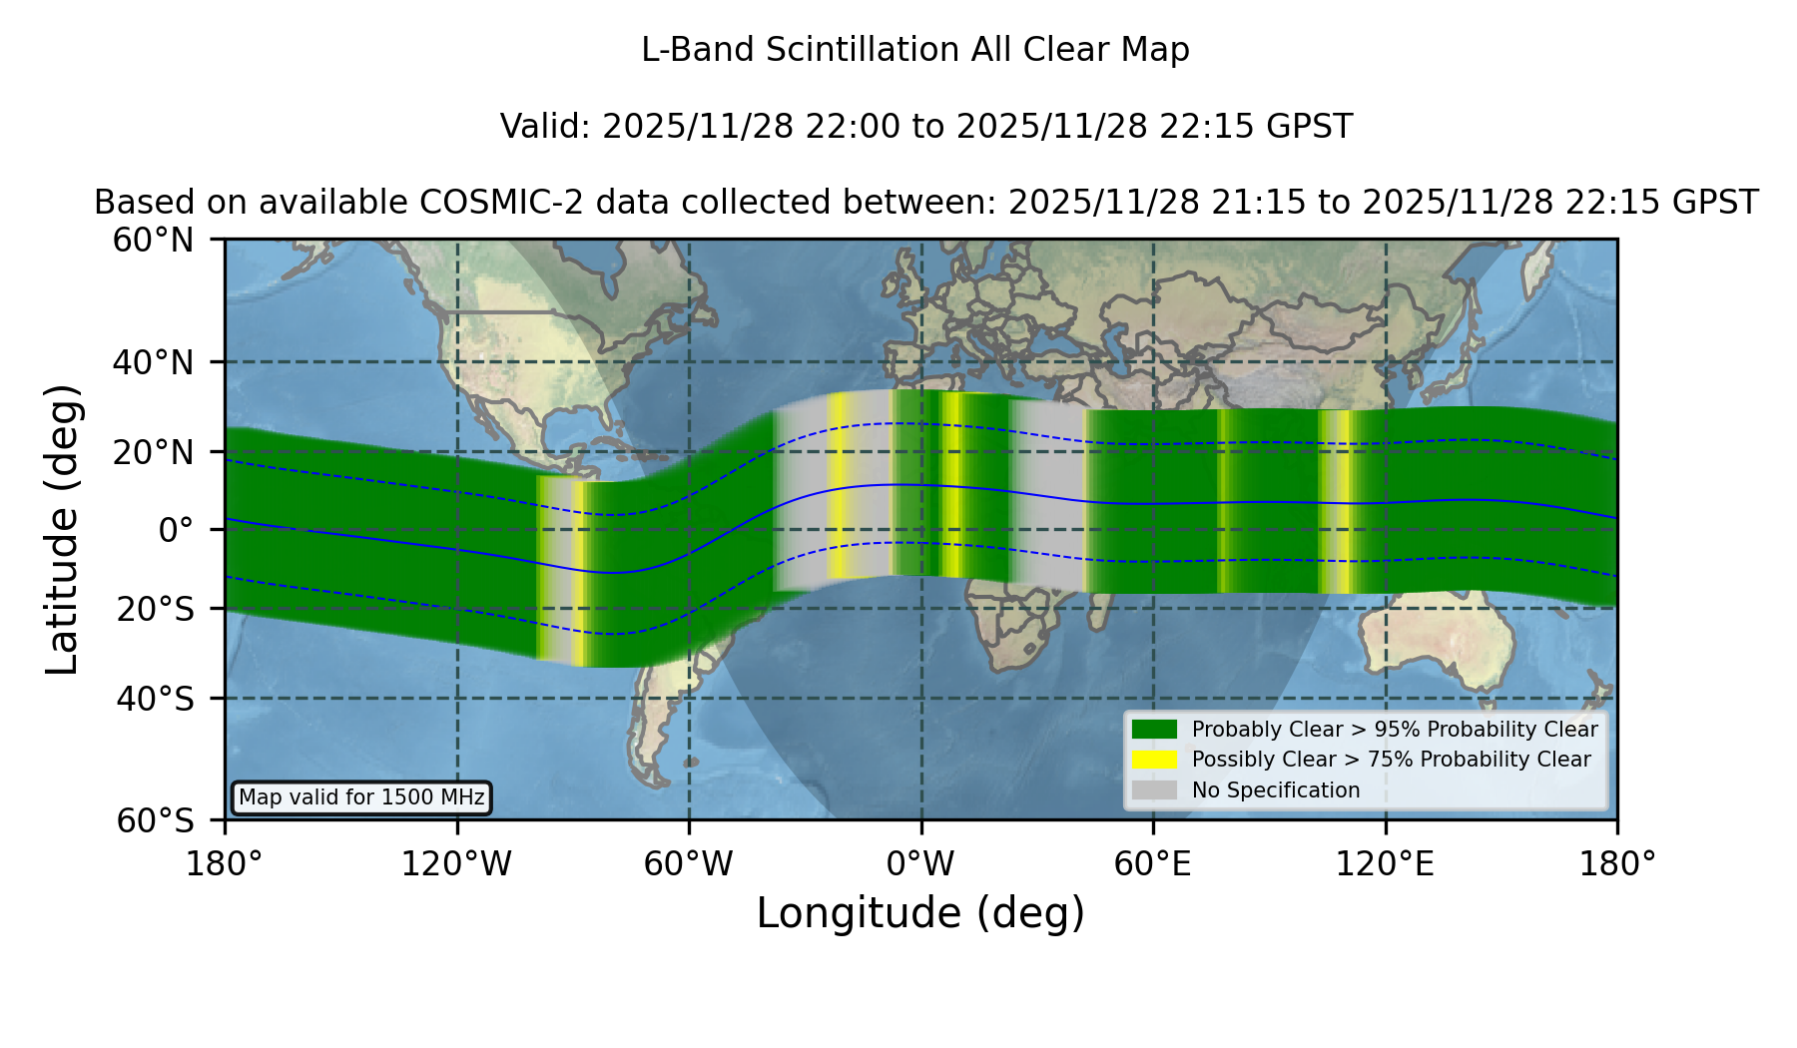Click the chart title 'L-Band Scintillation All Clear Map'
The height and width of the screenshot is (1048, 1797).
pyautogui.click(x=914, y=50)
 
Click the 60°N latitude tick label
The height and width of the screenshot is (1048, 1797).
pyautogui.click(x=153, y=240)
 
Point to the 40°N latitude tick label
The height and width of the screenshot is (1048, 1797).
pyautogui.click(x=153, y=362)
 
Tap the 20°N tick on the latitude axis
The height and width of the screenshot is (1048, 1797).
pyautogui.click(x=153, y=452)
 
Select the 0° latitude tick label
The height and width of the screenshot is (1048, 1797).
pyautogui.click(x=176, y=529)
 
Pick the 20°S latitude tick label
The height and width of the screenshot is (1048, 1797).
pyautogui.click(x=155, y=608)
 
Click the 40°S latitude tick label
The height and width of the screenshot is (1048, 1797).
pyautogui.click(x=155, y=699)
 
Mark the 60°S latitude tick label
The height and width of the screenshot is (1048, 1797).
pyautogui.click(x=155, y=820)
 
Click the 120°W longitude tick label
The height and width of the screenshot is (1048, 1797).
pyautogui.click(x=456, y=863)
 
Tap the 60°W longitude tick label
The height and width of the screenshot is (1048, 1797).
pyautogui.click(x=688, y=863)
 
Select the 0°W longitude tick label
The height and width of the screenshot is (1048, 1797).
pyautogui.click(x=920, y=863)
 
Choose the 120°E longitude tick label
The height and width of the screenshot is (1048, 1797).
pyautogui.click(x=1385, y=863)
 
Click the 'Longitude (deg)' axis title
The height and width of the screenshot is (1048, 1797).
pyautogui.click(x=920, y=913)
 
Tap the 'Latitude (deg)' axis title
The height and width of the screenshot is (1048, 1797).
pyautogui.click(x=62, y=529)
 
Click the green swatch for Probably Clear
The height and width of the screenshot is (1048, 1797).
pyautogui.click(x=1154, y=730)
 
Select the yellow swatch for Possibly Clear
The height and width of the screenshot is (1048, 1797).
pyautogui.click(x=1154, y=760)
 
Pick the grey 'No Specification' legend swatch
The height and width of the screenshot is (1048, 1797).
pyautogui.click(x=1154, y=790)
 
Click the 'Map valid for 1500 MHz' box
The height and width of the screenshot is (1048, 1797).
pyautogui.click(x=361, y=797)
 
